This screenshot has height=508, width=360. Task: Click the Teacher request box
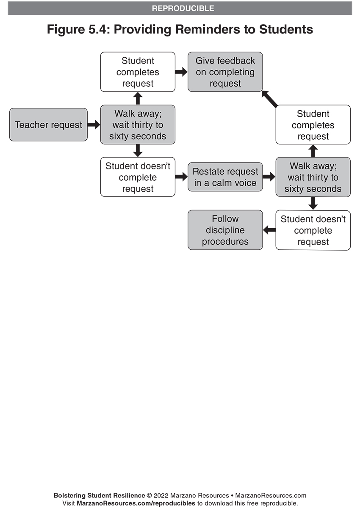[49, 125]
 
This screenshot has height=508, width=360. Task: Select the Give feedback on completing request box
[225, 72]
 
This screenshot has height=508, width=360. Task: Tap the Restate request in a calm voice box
[225, 177]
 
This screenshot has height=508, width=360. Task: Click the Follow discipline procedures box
[225, 230]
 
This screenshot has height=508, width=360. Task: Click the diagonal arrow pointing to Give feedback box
[269, 99]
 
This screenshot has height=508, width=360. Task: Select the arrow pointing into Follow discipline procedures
[269, 230]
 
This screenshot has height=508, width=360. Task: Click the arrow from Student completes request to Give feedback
[181, 72]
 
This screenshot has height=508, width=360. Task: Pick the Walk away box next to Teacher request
[138, 125]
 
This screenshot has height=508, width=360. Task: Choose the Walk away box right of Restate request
[313, 177]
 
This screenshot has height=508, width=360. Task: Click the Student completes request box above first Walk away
[138, 72]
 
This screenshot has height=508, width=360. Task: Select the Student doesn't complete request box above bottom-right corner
[313, 230]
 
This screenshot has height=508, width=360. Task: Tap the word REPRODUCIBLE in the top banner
[183, 8]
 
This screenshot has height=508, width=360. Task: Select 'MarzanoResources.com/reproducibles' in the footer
[136, 503]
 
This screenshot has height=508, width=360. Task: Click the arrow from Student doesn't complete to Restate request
[181, 177]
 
